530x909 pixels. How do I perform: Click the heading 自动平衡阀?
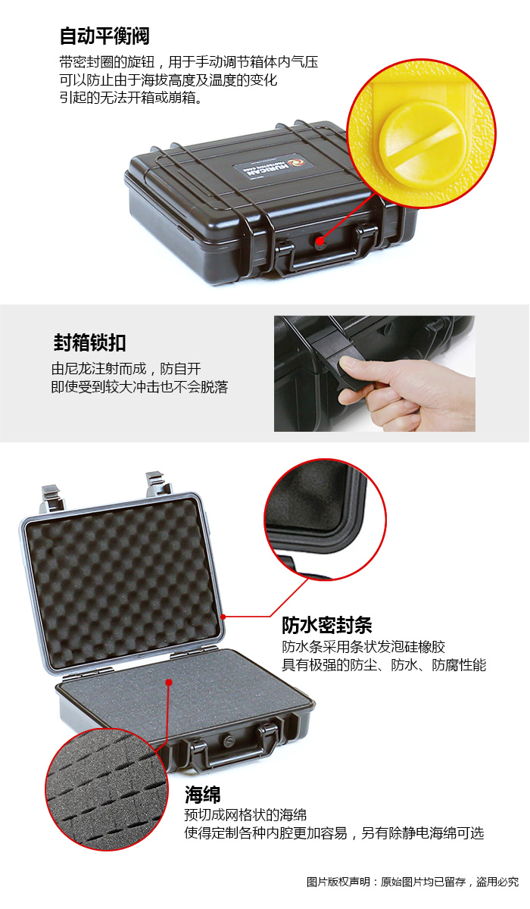tap(104, 36)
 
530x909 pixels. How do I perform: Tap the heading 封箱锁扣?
tap(89, 342)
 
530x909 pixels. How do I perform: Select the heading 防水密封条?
tap(327, 625)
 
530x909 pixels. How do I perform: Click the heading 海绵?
tap(202, 795)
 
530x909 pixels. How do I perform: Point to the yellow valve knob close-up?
tap(422, 133)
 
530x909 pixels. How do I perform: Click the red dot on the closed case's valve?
tap(320, 242)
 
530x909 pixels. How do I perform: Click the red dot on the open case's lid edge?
tap(223, 617)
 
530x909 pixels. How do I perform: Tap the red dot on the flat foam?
tap(169, 683)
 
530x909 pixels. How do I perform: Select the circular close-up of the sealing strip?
tap(326, 520)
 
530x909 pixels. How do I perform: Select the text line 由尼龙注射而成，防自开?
tap(126, 368)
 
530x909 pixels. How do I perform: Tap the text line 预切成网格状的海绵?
tap(245, 814)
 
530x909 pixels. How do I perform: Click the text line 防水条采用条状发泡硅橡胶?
tap(363, 646)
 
